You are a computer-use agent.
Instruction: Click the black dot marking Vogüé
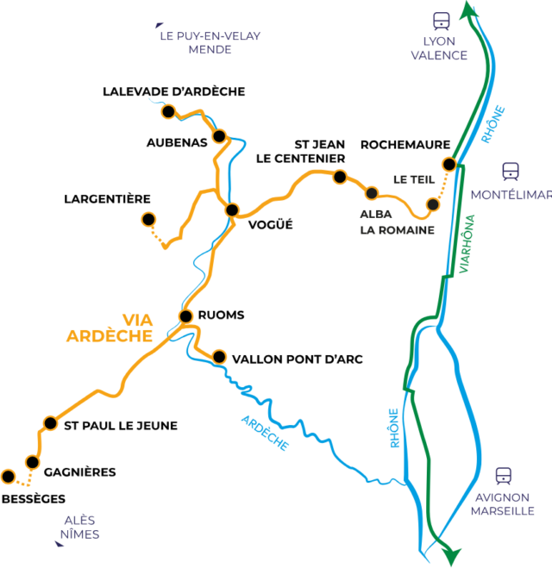pyautogui.click(x=231, y=209)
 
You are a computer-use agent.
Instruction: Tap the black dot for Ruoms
pyautogui.click(x=185, y=315)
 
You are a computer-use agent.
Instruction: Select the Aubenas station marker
pyautogui.click(x=219, y=136)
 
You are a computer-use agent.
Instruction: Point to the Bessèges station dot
pyautogui.click(x=9, y=476)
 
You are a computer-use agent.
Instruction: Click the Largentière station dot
pyautogui.click(x=148, y=219)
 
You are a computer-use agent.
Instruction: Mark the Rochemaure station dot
pyautogui.click(x=448, y=164)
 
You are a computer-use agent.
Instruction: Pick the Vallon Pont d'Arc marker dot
pyautogui.click(x=219, y=356)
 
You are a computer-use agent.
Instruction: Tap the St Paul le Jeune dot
pyautogui.click(x=51, y=423)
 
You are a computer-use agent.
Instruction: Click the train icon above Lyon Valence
pyautogui.click(x=442, y=20)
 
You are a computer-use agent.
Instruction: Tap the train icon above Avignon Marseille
pyautogui.click(x=503, y=475)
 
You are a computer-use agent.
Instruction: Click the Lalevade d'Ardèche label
pyautogui.click(x=173, y=91)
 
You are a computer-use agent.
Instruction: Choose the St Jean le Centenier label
pyautogui.click(x=299, y=152)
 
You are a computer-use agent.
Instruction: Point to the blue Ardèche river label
pyautogui.click(x=266, y=432)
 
